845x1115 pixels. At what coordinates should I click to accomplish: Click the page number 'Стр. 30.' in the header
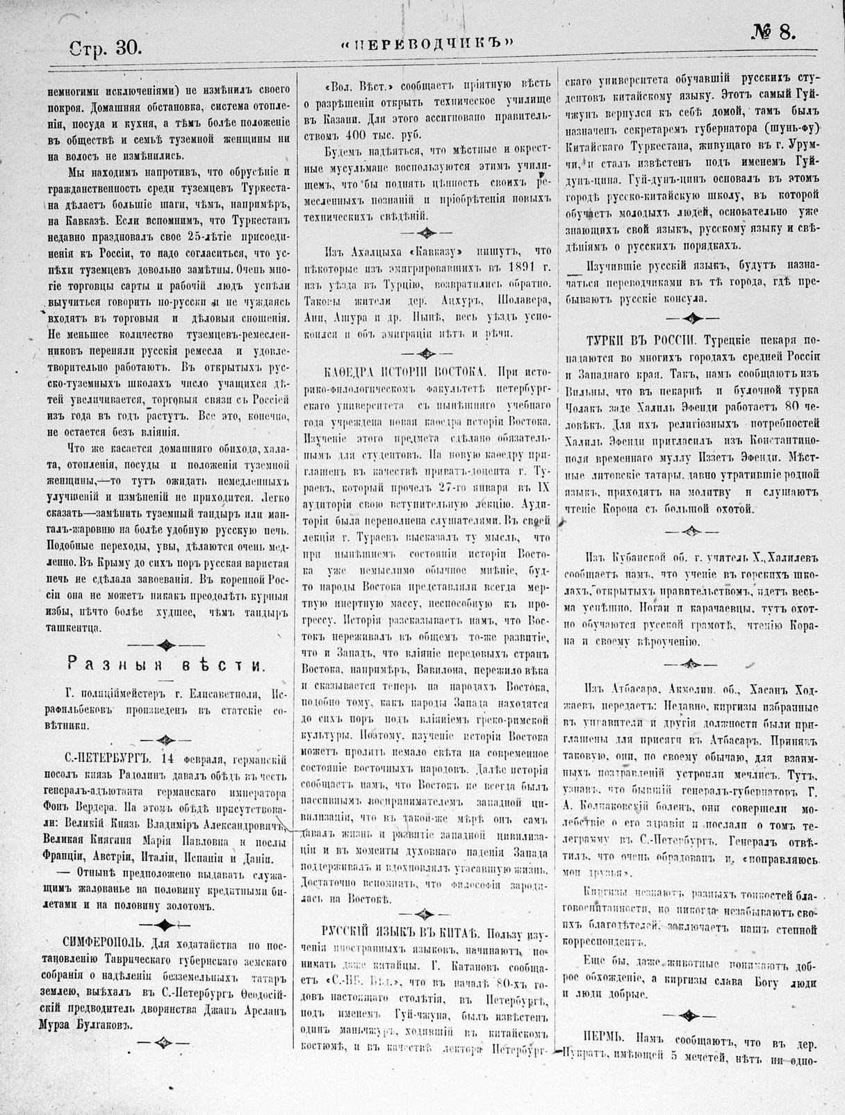106,47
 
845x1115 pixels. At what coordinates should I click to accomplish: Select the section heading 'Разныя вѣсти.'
165,665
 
